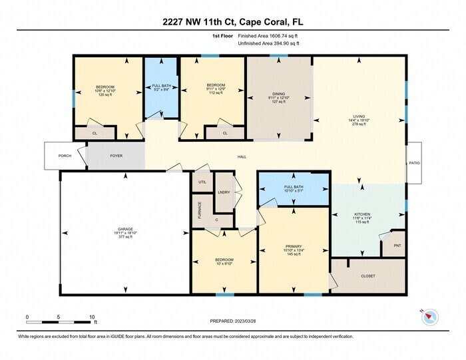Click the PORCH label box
click(65, 156)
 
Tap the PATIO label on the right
click(415, 162)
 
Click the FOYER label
click(116, 156)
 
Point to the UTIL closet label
click(202, 181)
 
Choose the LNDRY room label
click(224, 192)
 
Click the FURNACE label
click(198, 210)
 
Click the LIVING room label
click(359, 120)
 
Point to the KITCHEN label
click(364, 215)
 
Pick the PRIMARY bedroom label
click(294, 248)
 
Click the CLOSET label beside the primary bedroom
click(367, 275)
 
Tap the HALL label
click(242, 157)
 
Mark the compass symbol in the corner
click(429, 317)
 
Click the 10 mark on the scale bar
click(92, 317)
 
